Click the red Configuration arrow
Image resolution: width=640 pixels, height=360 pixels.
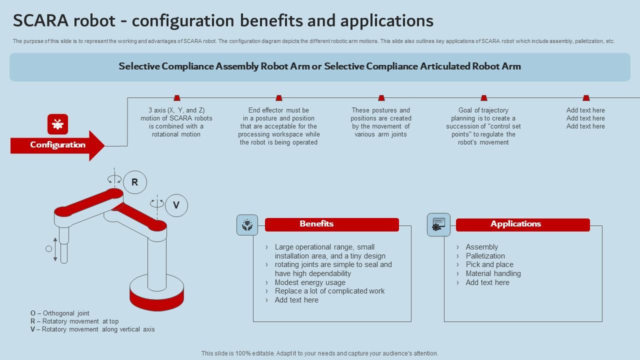57,145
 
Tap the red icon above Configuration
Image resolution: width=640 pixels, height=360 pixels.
57,124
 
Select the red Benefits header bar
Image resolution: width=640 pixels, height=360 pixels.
331,224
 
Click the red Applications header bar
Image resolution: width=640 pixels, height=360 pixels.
522,224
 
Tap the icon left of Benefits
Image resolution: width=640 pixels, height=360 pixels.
247,225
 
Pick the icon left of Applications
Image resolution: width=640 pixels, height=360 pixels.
438,224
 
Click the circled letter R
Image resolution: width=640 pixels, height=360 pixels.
134,182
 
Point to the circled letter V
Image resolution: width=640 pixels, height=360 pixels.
176,205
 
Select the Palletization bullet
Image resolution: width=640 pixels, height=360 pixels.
485,256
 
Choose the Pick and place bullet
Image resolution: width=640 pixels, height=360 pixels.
489,264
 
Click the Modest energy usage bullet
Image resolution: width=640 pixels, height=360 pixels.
310,282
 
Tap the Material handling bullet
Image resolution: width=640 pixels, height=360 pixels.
493,273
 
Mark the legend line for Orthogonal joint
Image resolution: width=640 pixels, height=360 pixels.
60,313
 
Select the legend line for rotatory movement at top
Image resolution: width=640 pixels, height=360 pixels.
74,321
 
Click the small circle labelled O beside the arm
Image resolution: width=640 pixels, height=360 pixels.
48,248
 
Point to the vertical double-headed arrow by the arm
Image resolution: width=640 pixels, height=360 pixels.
55,249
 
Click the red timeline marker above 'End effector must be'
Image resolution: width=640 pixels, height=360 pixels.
279,98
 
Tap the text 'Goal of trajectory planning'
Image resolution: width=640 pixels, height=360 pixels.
483,114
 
